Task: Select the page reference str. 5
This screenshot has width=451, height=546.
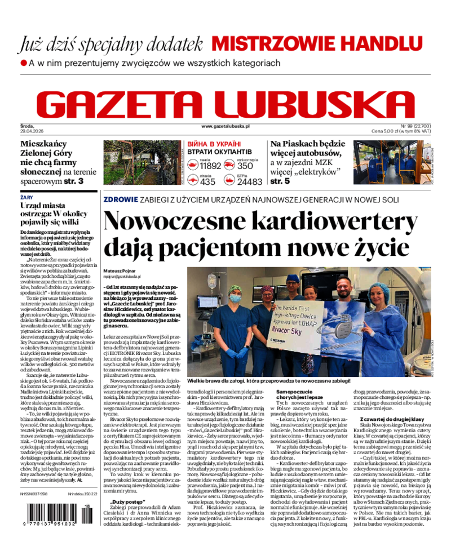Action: click(x=280, y=181)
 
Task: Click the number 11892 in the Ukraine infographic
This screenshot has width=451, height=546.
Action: click(x=210, y=166)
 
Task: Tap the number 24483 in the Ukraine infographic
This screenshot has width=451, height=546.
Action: click(x=249, y=181)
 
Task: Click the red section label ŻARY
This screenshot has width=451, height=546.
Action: click(x=26, y=198)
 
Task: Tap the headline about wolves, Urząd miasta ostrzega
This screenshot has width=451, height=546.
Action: click(x=56, y=214)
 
